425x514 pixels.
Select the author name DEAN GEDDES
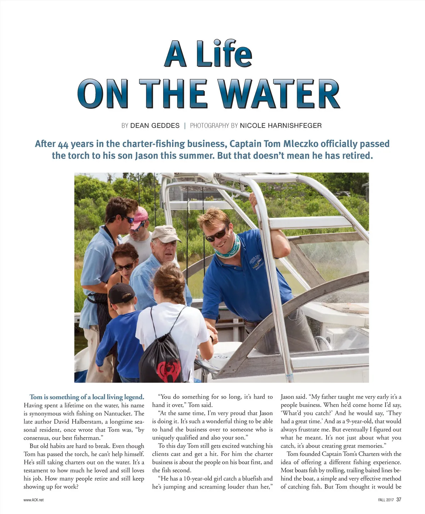click(155, 125)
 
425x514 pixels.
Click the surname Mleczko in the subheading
click(300, 144)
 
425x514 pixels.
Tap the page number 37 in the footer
click(399, 500)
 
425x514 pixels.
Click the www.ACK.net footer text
click(34, 500)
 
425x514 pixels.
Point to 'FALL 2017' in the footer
click(386, 500)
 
